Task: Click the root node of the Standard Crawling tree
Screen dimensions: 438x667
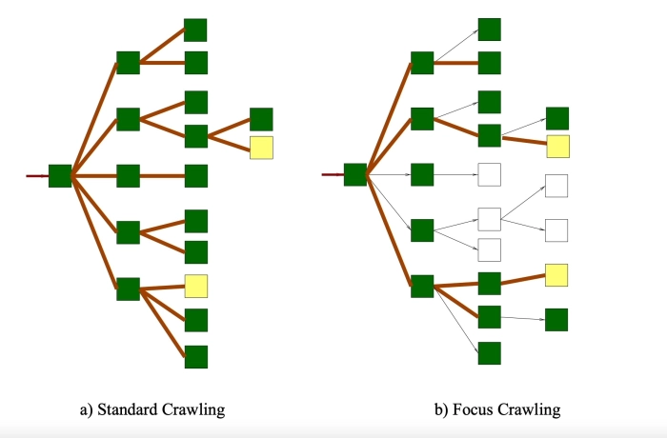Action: click(x=60, y=175)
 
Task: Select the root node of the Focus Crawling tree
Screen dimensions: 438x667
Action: click(x=355, y=174)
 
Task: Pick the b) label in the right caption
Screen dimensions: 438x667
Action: click(x=440, y=410)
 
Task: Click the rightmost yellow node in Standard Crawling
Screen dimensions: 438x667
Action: click(x=261, y=148)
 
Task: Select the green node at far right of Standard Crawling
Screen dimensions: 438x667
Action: click(x=261, y=119)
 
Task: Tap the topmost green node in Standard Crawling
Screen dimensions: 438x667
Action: click(x=195, y=30)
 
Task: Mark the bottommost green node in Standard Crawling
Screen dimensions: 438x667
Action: click(x=196, y=357)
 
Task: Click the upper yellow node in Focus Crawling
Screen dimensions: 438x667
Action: click(x=557, y=147)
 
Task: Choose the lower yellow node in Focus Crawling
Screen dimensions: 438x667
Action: click(x=556, y=276)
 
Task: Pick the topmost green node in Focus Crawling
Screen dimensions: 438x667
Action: click(x=490, y=29)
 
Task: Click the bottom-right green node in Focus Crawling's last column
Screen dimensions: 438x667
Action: click(x=556, y=320)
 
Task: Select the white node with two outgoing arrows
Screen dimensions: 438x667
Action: click(x=490, y=219)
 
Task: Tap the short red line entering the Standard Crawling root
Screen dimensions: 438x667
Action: click(x=37, y=176)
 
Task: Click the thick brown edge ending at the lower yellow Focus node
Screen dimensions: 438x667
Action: click(x=523, y=279)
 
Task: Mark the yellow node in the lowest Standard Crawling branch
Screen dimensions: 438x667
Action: click(x=196, y=285)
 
